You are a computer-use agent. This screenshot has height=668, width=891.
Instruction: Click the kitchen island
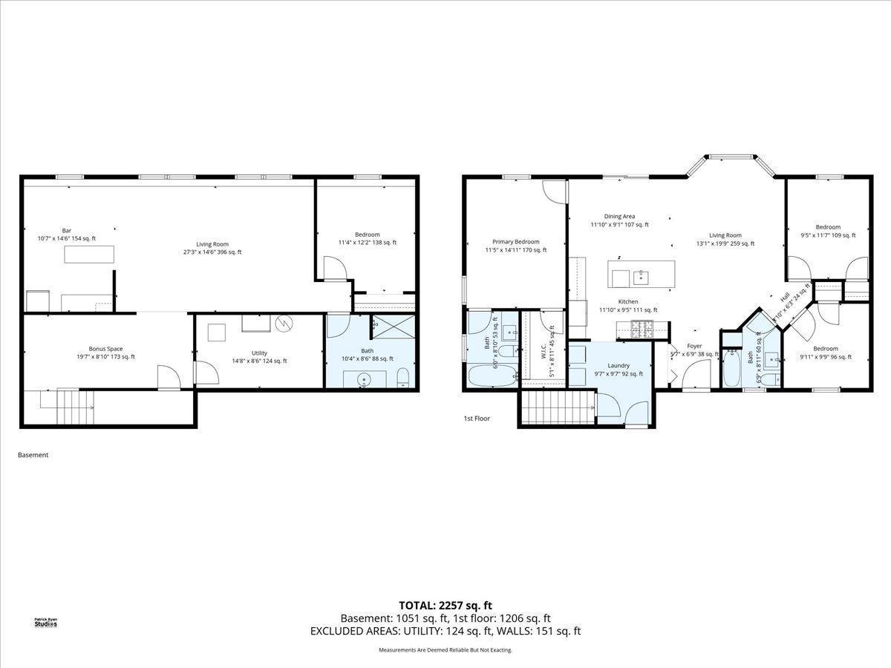click(x=642, y=274)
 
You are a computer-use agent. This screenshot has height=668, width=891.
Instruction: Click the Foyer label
click(x=694, y=346)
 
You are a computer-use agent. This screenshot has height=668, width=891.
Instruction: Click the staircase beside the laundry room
click(x=558, y=407)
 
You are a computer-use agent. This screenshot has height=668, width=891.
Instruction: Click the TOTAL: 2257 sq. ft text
click(x=446, y=605)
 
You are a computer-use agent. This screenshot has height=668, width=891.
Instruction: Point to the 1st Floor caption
click(x=477, y=419)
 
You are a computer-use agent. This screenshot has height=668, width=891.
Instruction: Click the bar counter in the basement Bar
click(x=89, y=255)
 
